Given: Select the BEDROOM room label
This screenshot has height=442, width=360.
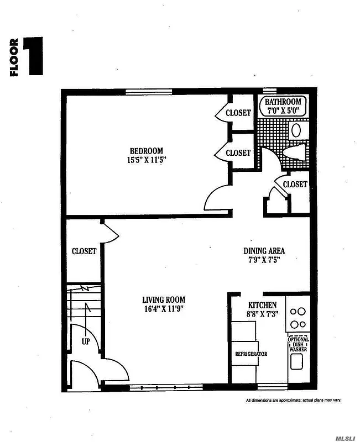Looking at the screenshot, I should pos(147,151).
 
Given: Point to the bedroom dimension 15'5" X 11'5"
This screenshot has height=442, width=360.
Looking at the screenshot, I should pos(147,160).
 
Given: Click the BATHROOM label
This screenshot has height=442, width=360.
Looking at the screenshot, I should pos(283,102).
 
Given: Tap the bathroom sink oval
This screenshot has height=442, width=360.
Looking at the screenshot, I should pos(296,130).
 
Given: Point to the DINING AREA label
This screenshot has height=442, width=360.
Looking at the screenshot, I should pos(264,250).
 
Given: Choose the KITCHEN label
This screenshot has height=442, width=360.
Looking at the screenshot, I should pos(262,305).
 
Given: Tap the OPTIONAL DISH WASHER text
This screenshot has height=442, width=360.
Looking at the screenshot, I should pos(298,344).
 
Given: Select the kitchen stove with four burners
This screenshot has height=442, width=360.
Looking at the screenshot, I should pos(298,318).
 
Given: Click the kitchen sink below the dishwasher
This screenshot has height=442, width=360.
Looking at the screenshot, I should pos(297,362).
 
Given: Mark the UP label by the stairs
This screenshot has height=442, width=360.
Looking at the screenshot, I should pos(86,341).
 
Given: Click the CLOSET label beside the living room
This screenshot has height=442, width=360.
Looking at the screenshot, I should pos(84,251).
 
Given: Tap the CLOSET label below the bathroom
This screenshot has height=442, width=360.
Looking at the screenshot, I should pos(295,185).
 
